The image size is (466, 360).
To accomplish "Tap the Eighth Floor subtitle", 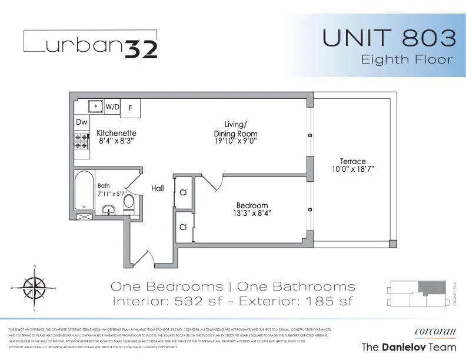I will (x=407, y=59).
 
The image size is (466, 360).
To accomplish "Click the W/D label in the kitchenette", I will (x=112, y=107).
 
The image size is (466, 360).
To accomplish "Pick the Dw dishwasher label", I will (x=82, y=122).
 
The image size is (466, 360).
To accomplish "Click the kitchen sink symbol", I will (x=94, y=106).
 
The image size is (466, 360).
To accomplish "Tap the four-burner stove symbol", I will (x=81, y=142).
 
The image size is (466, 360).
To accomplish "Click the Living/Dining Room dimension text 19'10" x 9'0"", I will (x=235, y=142).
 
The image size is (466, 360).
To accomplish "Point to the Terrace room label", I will (x=352, y=161).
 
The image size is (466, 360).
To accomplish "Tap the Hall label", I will (x=157, y=189).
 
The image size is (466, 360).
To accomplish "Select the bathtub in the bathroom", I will (x=85, y=191).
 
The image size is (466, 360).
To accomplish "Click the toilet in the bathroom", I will (x=129, y=204).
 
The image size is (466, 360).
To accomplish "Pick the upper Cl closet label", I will (x=183, y=192).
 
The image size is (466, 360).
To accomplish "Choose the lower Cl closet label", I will (x=183, y=228).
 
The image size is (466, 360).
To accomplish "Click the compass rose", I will (x=35, y=288).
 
